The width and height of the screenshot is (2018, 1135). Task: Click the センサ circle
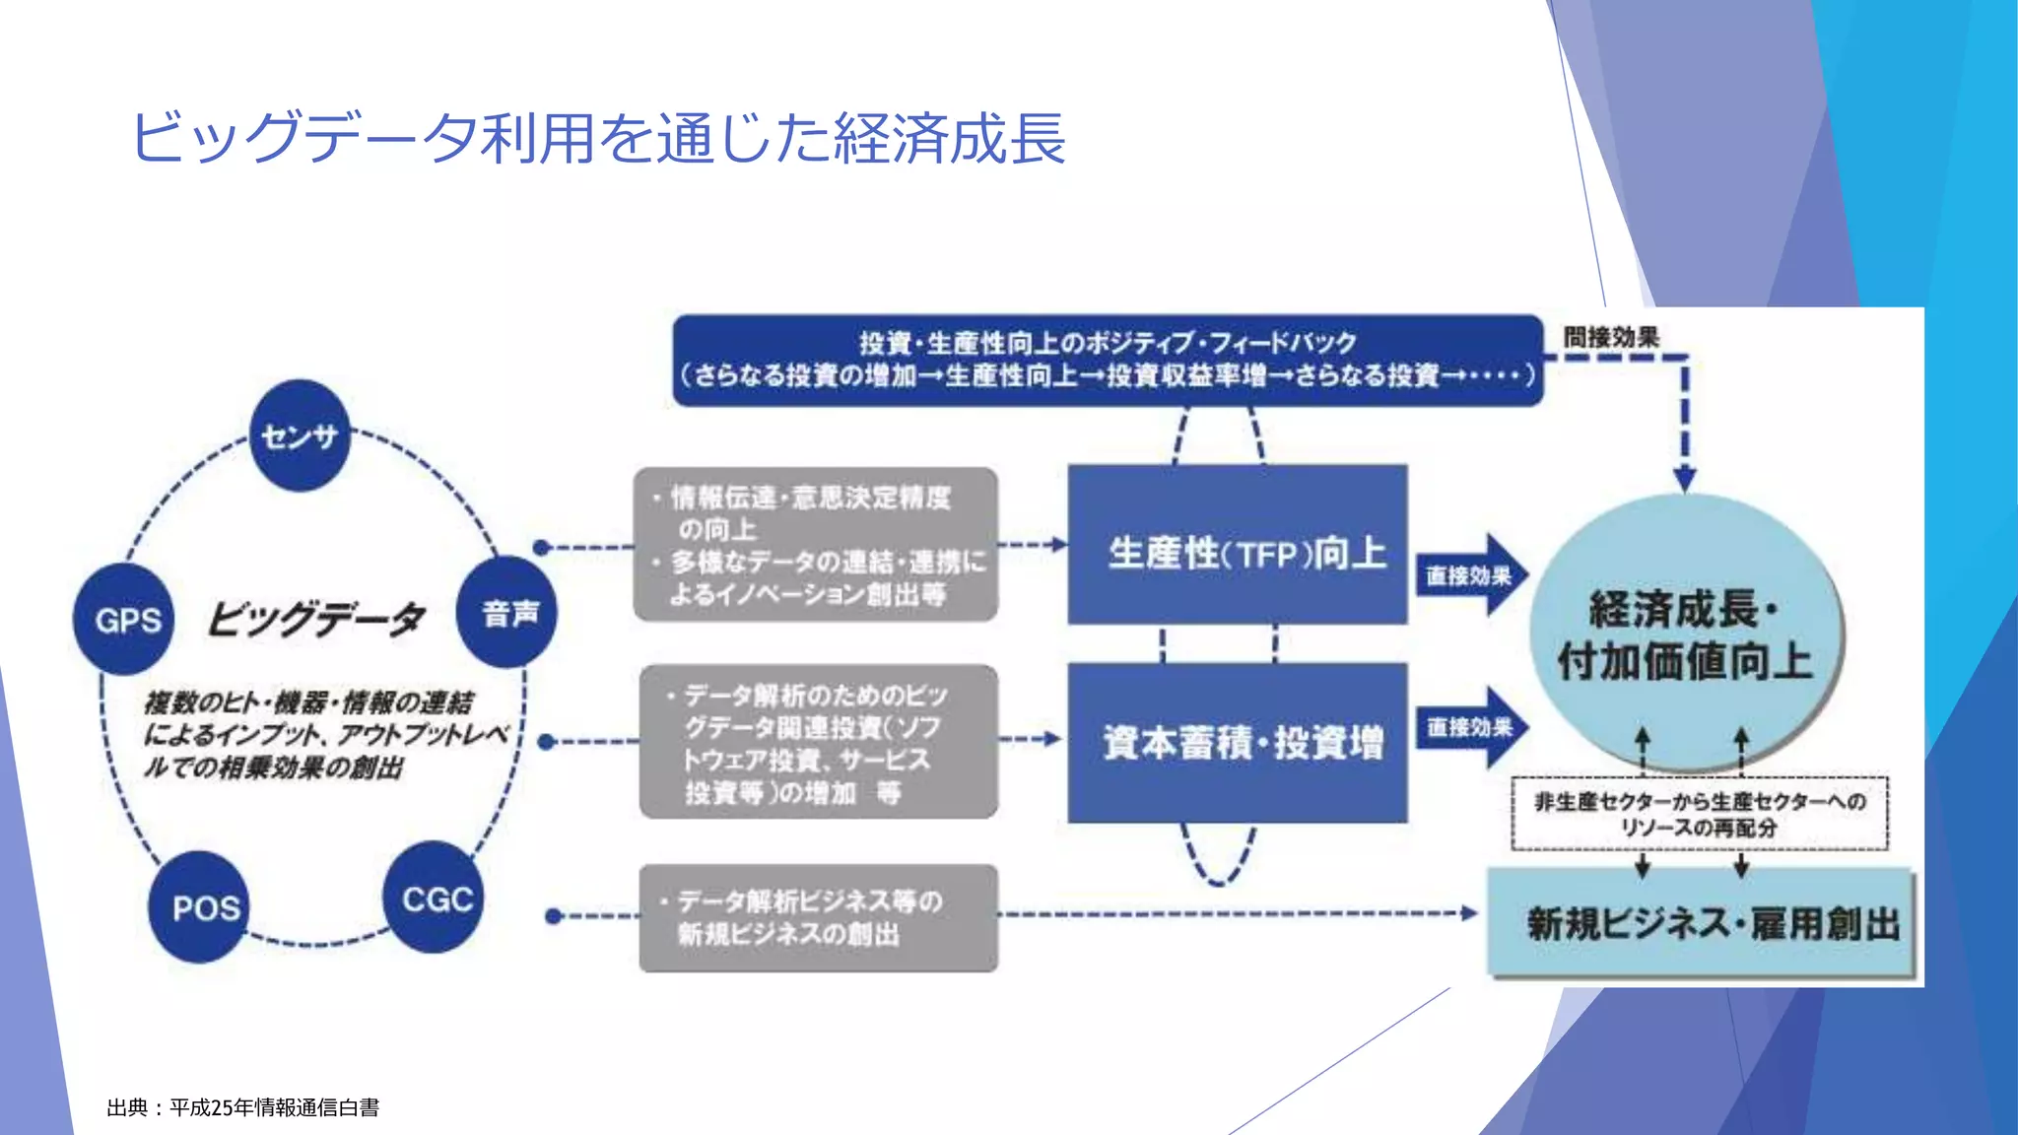[x=301, y=435]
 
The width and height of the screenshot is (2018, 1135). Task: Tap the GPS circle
[x=125, y=620]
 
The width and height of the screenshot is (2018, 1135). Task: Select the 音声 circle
[x=507, y=613]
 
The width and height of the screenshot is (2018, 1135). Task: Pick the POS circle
[x=201, y=907]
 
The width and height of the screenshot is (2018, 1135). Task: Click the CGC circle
[x=435, y=899]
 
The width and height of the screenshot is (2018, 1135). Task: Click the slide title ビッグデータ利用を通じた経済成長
[x=598, y=137]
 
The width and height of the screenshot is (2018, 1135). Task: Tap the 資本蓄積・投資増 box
[x=1238, y=743]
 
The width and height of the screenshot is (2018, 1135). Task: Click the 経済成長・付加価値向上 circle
[x=1685, y=634]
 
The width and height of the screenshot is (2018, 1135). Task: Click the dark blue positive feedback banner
[x=1107, y=360]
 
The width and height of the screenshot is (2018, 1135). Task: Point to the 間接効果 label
[x=1611, y=337]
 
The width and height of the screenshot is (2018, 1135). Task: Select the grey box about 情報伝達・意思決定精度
[x=816, y=545]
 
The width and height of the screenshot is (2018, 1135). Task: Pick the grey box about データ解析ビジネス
[x=818, y=918]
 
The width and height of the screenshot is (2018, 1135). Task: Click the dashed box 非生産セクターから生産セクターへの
[x=1700, y=814]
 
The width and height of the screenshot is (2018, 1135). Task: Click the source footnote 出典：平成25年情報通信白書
[x=243, y=1107]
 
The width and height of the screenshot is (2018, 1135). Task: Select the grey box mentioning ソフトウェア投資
[x=818, y=743]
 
